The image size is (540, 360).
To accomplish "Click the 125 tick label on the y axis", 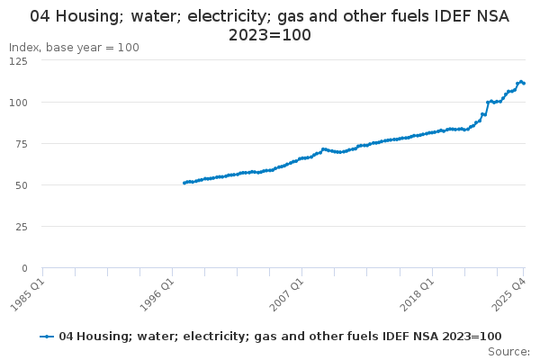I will coord(18,60).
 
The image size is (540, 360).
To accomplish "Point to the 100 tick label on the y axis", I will coord(18,102).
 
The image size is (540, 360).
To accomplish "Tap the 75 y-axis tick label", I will coord(21,143).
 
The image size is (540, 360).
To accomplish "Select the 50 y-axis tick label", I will coord(21,184).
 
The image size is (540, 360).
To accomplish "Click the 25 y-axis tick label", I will coord(21,226).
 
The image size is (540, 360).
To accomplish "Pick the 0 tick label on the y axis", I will coord(23,267).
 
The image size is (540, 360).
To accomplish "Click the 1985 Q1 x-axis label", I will coord(27,292).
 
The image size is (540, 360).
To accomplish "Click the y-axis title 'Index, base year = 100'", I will coord(74,47).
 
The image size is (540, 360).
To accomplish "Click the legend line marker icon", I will coord(48,336).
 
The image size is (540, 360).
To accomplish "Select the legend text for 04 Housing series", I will coord(280,336).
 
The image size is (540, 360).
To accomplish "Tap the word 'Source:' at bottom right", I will coord(509,351).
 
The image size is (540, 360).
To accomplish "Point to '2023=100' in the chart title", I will coord(269,35).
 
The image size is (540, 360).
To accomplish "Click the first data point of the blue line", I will coord(184,183).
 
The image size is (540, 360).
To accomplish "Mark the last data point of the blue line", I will coord(524,84).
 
